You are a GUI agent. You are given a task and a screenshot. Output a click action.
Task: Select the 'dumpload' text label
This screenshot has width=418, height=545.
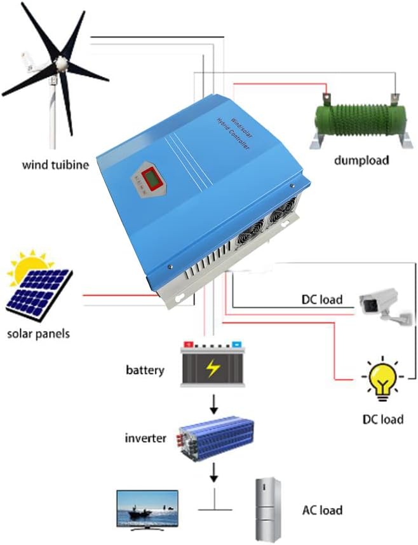(361, 160)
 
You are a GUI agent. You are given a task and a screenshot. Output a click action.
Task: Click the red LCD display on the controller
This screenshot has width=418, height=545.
(153, 180)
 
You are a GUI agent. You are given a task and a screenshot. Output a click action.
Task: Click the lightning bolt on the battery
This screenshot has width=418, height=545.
(212, 367)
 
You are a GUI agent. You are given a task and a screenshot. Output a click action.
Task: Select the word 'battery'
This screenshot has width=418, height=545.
(145, 369)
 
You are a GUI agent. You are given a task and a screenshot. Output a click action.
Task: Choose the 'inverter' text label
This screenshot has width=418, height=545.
(145, 438)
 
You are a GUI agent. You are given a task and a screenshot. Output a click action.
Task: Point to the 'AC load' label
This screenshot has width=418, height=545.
(322, 510)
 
